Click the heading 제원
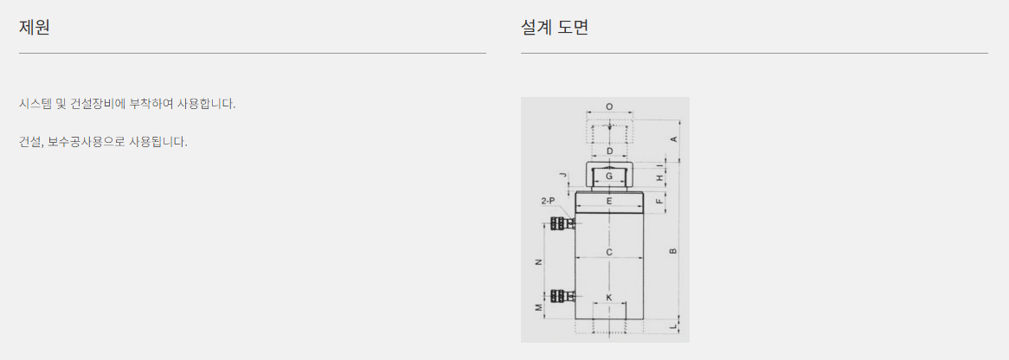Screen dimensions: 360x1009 (35, 27)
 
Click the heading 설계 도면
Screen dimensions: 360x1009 (555, 27)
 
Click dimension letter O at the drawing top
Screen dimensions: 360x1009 (609, 106)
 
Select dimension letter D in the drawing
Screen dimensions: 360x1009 (609, 151)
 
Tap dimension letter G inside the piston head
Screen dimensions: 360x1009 (609, 177)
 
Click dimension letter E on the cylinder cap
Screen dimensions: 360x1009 (609, 202)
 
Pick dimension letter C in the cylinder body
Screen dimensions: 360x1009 (609, 253)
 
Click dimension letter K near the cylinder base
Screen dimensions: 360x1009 (609, 298)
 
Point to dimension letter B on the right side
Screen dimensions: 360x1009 (673, 251)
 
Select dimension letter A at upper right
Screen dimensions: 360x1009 (673, 138)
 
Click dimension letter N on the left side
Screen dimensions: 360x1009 (538, 262)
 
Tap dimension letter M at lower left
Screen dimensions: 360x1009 (538, 307)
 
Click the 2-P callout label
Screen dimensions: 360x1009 (548, 201)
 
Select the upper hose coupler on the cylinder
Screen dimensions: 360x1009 (562, 223)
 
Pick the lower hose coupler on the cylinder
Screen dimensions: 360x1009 (562, 295)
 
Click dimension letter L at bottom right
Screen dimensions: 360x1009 (673, 325)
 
